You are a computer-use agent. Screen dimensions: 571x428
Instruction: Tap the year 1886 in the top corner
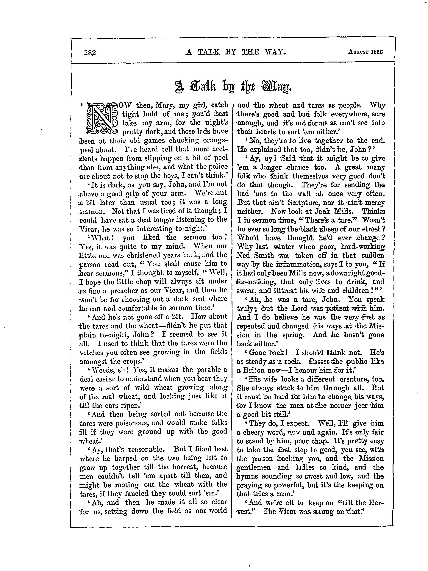pos(377,52)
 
